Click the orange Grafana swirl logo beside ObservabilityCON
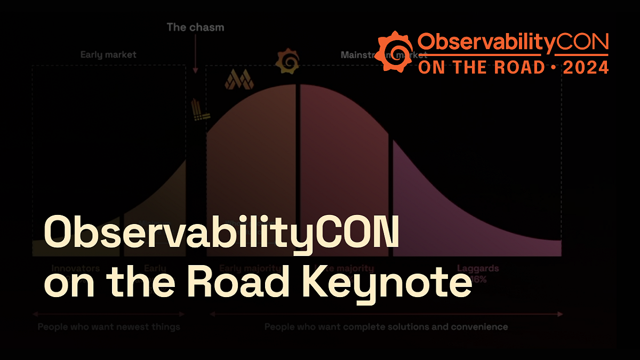(395, 50)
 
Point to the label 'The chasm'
(196, 27)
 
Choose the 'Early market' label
(108, 54)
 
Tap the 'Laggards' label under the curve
(477, 268)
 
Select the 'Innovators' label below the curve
(75, 268)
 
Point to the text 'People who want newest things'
(109, 326)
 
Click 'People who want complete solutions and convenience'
(386, 326)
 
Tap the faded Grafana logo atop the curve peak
(286, 61)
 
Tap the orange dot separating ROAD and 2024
(553, 67)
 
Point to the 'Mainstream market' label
(384, 54)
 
